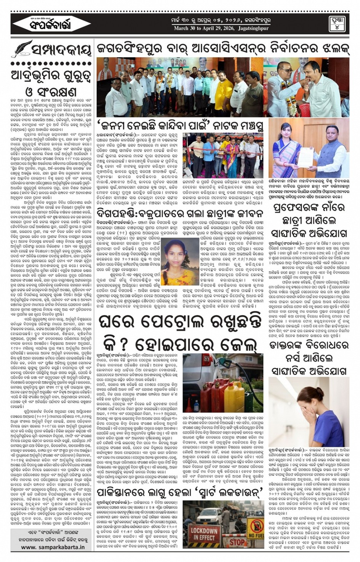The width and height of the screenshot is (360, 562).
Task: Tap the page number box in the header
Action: (337, 24)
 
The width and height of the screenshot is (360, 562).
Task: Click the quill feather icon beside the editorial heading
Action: (23, 48)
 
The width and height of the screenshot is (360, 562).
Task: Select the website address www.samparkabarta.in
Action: (53, 547)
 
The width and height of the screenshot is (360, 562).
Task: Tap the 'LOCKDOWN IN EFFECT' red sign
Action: (204, 533)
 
